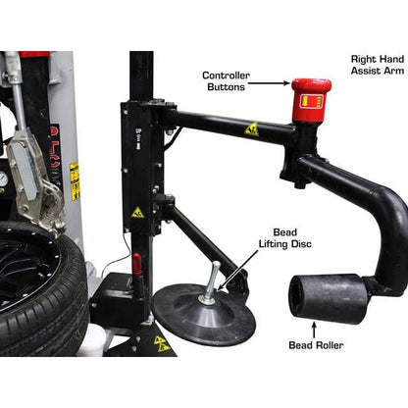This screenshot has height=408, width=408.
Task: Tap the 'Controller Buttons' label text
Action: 227,81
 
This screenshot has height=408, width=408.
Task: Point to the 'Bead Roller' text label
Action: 315,346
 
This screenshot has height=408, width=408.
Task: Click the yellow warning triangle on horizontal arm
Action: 252,128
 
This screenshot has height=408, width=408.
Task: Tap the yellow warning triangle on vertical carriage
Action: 137,212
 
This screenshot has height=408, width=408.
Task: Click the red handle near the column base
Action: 136,265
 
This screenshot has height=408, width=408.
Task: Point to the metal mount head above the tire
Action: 35,181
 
